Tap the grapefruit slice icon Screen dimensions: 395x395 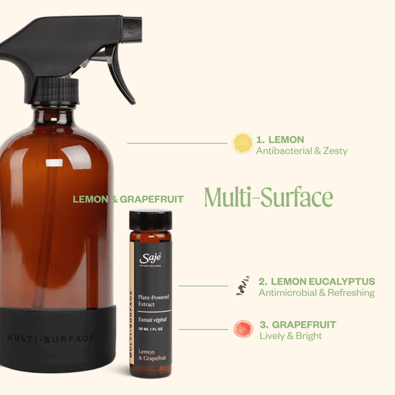243,329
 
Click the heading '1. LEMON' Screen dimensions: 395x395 280,139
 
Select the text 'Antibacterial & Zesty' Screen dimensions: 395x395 301,151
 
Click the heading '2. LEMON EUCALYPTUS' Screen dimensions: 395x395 317,281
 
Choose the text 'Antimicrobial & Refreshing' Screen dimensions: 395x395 317,293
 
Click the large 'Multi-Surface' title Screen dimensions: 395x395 268,197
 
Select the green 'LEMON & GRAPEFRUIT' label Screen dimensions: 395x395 128,199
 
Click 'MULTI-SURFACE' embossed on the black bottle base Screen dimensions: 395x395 51,338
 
